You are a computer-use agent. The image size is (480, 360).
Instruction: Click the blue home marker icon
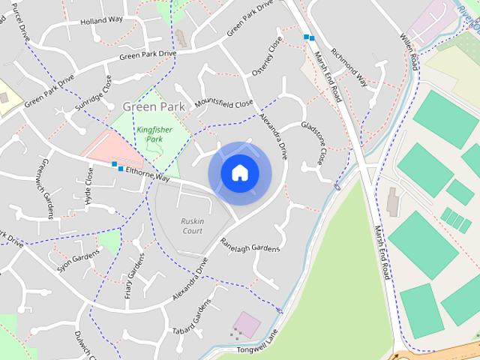coord(239,173)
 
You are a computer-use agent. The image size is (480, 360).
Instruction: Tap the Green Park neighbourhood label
coord(153,107)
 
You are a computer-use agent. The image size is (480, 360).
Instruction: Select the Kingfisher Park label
coord(154,134)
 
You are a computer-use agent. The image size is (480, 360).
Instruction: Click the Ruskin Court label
coord(192,226)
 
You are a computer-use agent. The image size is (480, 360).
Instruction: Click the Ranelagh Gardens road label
coord(250,244)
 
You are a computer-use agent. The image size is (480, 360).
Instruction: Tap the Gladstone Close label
coord(313,142)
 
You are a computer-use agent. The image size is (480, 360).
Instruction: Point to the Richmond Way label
coord(351,72)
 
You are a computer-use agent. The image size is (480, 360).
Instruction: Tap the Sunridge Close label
coord(93,94)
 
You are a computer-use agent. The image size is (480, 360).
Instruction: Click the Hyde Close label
coord(90,186)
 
